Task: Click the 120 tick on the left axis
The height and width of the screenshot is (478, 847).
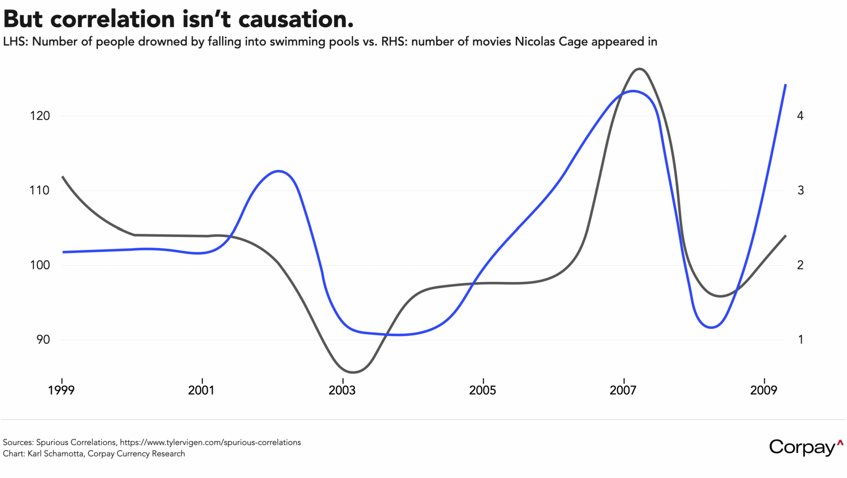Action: coord(40,116)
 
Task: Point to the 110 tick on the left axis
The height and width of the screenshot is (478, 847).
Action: coord(40,191)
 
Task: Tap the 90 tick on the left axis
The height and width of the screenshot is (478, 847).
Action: coord(43,340)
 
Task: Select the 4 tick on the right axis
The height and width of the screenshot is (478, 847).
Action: coord(800,116)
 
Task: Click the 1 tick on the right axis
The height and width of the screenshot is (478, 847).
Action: coord(800,340)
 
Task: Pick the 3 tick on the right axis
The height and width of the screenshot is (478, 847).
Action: coord(800,191)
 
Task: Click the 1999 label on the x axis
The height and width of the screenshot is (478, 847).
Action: coord(62,391)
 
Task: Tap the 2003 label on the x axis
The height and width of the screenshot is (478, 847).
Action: coord(342,391)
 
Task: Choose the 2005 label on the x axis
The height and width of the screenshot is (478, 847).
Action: coord(483,391)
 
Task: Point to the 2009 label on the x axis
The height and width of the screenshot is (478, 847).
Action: coord(764,391)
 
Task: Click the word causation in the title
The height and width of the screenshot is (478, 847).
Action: coord(295,19)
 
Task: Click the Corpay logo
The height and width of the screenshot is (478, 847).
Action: coord(806,447)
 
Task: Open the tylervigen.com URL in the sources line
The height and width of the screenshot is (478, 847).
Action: coord(210,443)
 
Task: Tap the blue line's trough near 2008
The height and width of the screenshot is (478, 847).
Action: coord(711,327)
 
